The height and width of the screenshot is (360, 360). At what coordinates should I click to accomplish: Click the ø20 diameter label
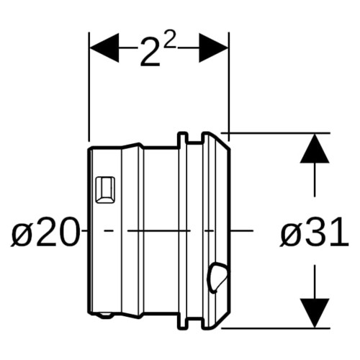coord(45,231)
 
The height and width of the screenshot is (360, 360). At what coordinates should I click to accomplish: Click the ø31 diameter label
coord(314,231)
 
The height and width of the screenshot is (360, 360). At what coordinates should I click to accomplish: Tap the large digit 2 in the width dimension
coord(150,52)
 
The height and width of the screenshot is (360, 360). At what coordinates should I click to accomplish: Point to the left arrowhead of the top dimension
coord(104,48)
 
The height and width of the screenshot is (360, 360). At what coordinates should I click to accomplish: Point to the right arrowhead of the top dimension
coord(213,48)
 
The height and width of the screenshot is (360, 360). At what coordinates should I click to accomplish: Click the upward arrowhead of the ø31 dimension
coord(315,149)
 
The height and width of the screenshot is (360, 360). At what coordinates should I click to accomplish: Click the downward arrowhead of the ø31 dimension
coord(315,312)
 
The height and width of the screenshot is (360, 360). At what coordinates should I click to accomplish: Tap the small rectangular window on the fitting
coord(105,190)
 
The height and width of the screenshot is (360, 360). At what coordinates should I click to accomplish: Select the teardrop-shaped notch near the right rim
coord(217,276)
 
